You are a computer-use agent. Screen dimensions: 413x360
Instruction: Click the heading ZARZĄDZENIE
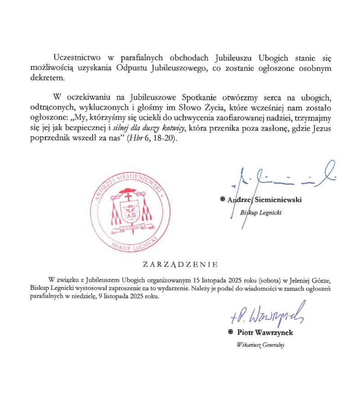(x=180, y=264)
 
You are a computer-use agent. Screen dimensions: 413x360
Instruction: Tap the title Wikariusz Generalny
(x=261, y=345)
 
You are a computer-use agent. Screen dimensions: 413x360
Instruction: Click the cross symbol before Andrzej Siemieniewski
(x=222, y=199)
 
